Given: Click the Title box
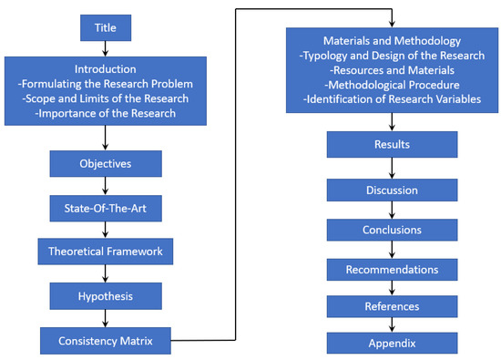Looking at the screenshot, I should click(107, 29).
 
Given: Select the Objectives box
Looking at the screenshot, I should click(107, 164).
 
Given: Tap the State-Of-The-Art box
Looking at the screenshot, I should click(107, 207).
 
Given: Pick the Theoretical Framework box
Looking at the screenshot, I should click(107, 250).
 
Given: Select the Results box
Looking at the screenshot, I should click(392, 145).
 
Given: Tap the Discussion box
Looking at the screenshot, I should click(392, 190).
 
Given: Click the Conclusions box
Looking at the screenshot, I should click(392, 229).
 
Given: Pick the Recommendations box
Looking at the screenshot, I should click(392, 269).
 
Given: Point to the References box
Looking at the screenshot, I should click(392, 307).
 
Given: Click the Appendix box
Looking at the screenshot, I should click(392, 344).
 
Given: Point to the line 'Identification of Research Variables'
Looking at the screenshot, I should click(392, 98).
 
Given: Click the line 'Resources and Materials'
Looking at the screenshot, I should click(392, 69).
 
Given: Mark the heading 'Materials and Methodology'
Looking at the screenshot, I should click(392, 40).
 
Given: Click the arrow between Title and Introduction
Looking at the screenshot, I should click(107, 48).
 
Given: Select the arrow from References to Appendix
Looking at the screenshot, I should click(392, 324).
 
